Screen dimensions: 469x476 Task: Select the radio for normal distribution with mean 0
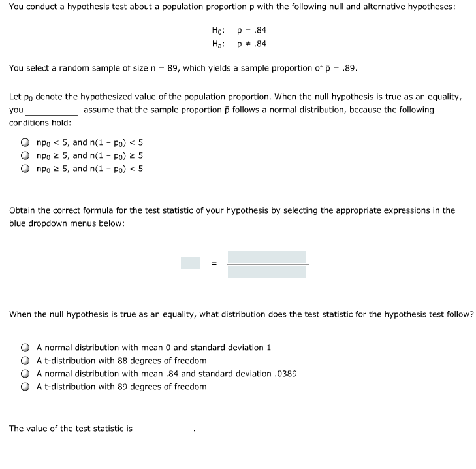point(24,348)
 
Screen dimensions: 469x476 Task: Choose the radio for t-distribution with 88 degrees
point(24,361)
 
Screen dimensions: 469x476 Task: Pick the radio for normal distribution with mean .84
point(24,374)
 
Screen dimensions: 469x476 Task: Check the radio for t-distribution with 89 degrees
point(24,387)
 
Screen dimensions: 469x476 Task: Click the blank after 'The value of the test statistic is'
point(162,429)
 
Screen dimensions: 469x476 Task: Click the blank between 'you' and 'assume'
point(52,110)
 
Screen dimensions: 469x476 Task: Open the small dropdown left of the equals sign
point(191,263)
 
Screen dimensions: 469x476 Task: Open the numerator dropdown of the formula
point(267,257)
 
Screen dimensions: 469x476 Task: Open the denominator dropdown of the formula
point(267,271)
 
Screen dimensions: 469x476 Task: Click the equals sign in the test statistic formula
point(214,264)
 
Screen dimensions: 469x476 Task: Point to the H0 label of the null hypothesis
point(218,31)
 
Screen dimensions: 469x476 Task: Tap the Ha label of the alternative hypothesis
point(218,44)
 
